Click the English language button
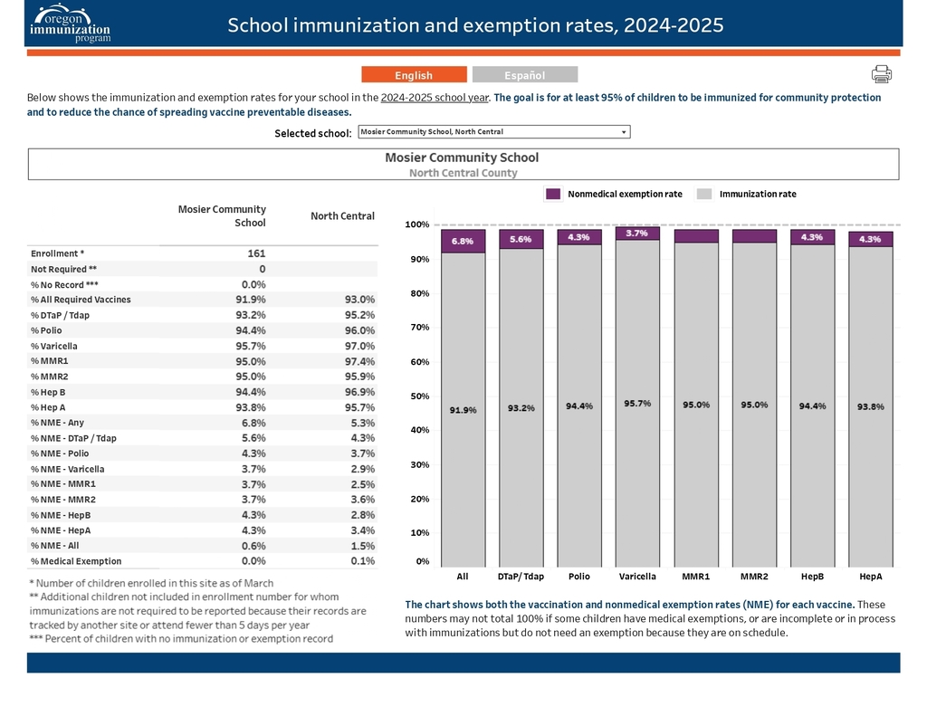coord(414,75)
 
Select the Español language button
coord(524,75)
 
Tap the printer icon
coord(881,74)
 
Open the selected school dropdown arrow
coord(624,132)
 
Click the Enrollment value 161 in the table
coord(256,253)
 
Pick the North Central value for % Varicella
coord(359,346)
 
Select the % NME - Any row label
coord(57,423)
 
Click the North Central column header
coord(342,215)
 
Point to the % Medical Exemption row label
coord(76,561)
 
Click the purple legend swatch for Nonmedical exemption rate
coord(553,194)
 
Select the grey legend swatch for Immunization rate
coord(704,194)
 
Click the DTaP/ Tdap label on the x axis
coord(521,577)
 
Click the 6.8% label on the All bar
coord(463,241)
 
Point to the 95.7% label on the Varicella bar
coord(637,404)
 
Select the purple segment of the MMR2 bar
coord(754,236)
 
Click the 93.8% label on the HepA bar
coord(870,406)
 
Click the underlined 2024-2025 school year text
coord(435,97)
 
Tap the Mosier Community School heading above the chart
coord(462,158)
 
